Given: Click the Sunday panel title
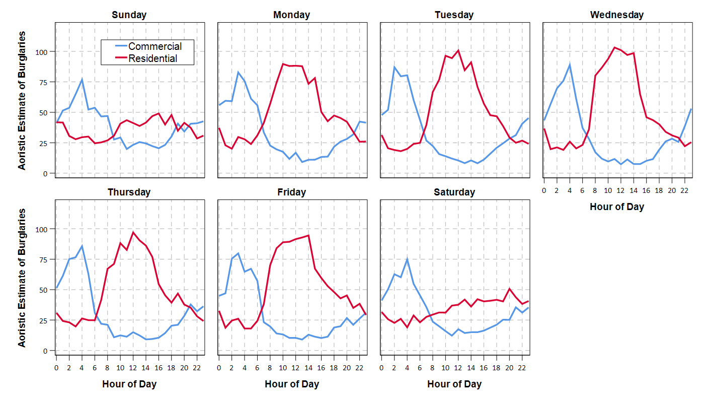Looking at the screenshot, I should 129,15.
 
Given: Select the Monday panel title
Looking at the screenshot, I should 291,15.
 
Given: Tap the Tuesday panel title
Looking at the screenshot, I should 454,15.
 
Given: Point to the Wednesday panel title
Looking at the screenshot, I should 616,15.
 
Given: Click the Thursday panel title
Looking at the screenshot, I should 129,192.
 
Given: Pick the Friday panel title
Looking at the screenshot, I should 291,192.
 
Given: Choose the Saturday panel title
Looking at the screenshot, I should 454,192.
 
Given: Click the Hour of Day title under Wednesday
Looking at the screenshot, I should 616,207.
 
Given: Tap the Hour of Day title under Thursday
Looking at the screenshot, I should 129,384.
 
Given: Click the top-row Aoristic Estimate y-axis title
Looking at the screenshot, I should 22,100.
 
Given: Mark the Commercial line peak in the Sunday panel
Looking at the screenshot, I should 82,80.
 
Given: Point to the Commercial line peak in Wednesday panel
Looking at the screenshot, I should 569,64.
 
